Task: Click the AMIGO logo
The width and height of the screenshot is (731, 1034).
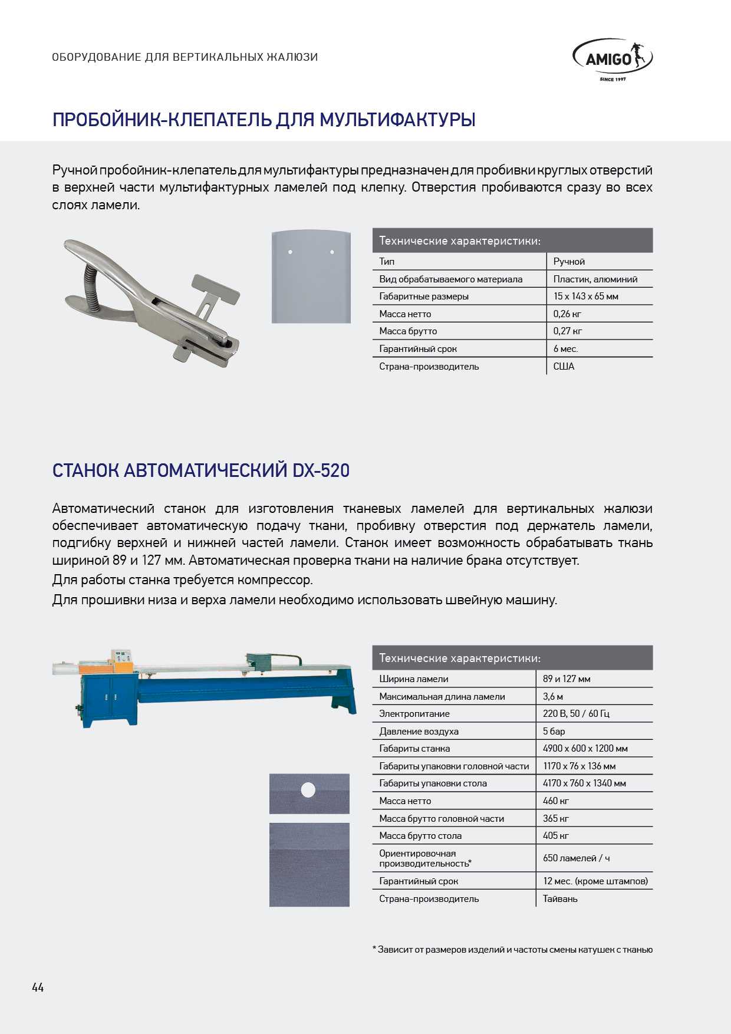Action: tap(613, 60)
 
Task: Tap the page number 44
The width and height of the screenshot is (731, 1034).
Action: tap(38, 987)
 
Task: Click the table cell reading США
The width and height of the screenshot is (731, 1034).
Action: tap(564, 366)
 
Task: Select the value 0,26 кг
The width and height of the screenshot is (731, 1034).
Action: tap(567, 314)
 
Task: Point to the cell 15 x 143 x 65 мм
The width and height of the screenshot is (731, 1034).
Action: tap(585, 296)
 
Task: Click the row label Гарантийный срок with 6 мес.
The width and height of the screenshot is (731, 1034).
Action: tap(418, 348)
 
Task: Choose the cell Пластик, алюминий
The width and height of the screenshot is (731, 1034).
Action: tap(595, 279)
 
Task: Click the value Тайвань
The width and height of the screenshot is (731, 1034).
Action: tap(560, 898)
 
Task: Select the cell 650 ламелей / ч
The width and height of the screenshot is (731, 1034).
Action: tap(576, 858)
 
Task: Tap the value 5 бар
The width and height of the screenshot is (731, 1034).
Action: tap(554, 731)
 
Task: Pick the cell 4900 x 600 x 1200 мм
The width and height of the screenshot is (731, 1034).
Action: tap(585, 748)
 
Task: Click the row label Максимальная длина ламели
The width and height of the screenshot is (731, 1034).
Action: tap(442, 696)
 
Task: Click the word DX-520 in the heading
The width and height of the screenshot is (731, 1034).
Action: tap(321, 470)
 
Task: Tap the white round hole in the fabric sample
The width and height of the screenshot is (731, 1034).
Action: tap(308, 789)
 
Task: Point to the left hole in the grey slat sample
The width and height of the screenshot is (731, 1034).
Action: tap(290, 252)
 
